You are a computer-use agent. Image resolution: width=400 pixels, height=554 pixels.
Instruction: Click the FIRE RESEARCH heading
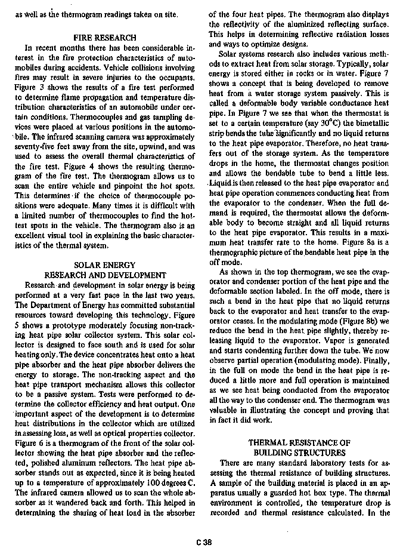[104, 37]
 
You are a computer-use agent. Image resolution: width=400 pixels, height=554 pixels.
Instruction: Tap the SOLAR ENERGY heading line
[104, 264]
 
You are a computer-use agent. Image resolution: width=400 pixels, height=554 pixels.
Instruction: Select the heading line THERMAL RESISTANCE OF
[299, 442]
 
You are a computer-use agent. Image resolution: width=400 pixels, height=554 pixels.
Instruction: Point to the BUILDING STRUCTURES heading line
[299, 453]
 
